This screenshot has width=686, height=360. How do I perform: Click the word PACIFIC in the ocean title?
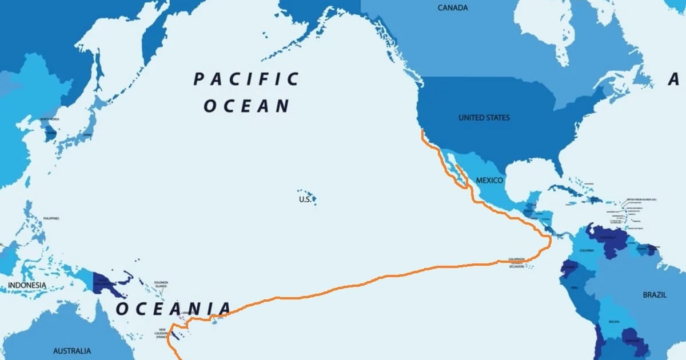coord(246,79)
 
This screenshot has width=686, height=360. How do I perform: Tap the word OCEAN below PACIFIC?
coord(246,106)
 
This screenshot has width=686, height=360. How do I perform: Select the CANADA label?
coord(453,8)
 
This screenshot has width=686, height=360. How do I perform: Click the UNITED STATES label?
coord(484,118)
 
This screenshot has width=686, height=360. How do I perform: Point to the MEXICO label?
coord(489,181)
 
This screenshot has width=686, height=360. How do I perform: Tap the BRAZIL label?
coord(655,295)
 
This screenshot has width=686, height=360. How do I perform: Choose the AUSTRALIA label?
coord(72,350)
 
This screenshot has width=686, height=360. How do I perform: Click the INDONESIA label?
coord(27,285)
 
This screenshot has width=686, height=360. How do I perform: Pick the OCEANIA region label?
coord(174,309)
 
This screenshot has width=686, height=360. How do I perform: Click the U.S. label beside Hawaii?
coord(305,199)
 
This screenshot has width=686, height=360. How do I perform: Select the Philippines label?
coord(50,218)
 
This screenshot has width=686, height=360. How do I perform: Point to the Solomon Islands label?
coord(161,284)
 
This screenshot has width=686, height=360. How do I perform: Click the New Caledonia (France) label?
coord(162,333)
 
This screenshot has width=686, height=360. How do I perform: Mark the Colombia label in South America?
coord(587,250)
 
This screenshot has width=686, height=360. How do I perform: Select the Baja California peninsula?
coord(451,169)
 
